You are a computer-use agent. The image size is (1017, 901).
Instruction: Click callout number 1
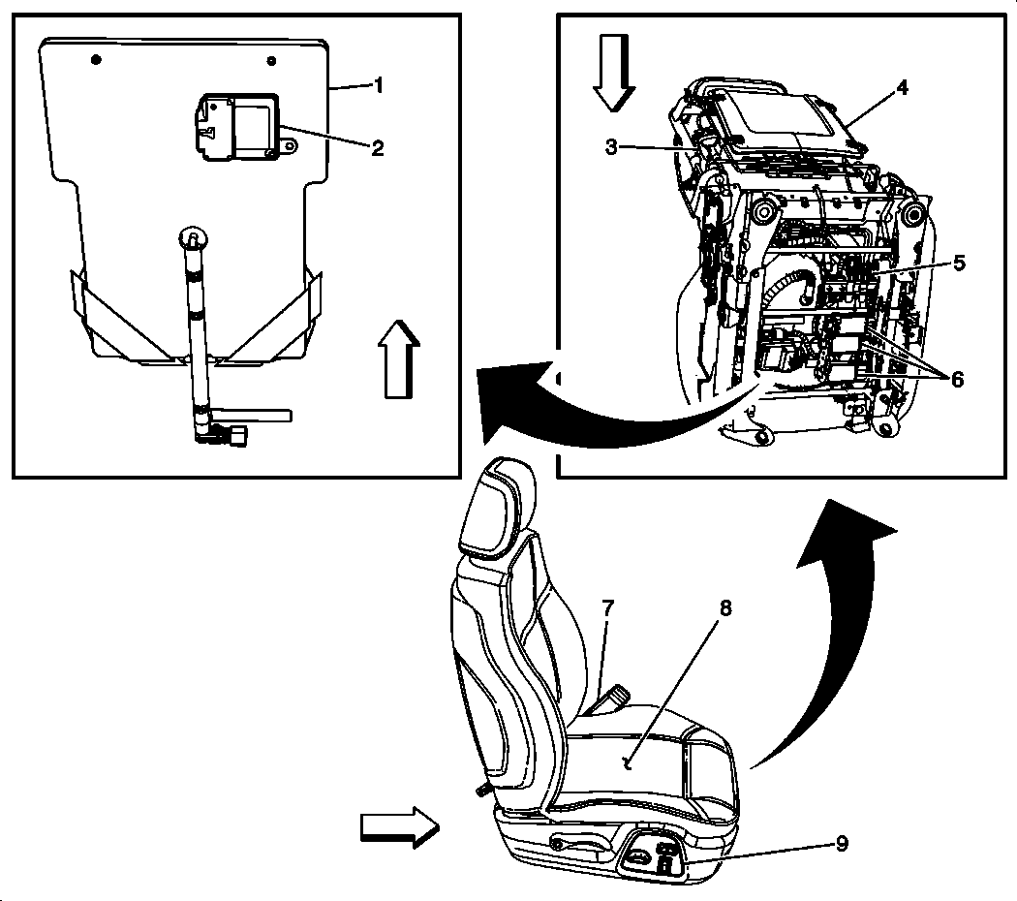tap(379, 85)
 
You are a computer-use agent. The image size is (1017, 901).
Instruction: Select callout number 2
tap(378, 147)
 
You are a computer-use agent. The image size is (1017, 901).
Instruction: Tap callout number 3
tap(611, 147)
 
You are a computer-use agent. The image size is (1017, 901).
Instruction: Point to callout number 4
tap(902, 87)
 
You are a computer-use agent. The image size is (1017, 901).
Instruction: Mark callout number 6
tap(957, 379)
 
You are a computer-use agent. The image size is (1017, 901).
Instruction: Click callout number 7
tap(607, 609)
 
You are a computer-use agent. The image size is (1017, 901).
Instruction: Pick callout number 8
tap(725, 608)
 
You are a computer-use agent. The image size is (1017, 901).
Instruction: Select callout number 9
tap(842, 843)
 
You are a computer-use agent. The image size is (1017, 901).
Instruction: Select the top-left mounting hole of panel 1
tap(95, 60)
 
